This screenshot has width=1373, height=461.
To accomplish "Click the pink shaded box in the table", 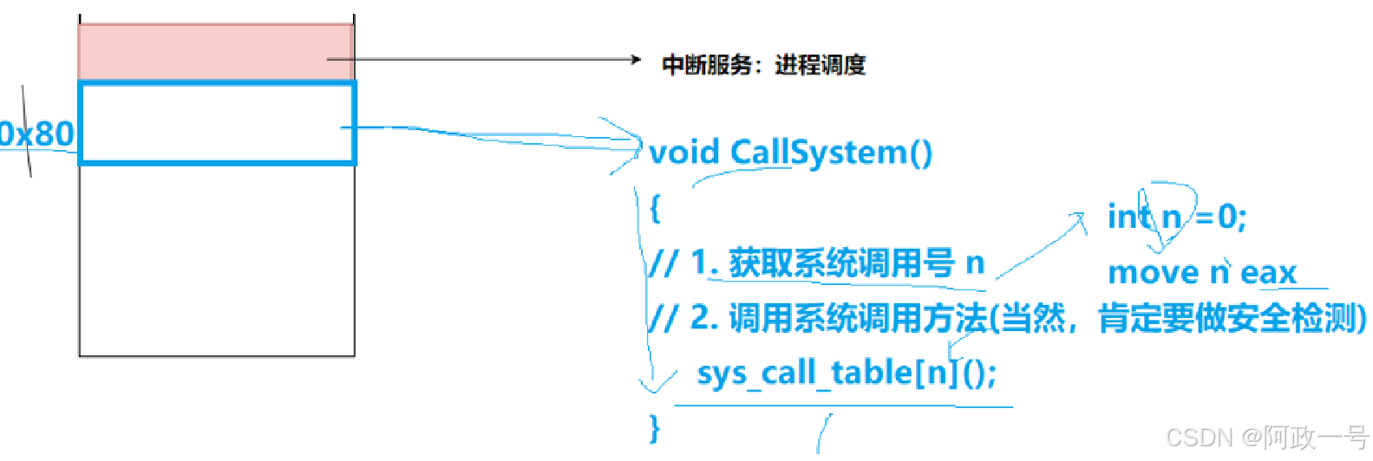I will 215,52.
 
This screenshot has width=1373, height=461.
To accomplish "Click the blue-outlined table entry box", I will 217,122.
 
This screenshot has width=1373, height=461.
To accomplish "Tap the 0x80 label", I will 36,134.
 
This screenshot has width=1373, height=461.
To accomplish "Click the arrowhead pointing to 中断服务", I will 636,60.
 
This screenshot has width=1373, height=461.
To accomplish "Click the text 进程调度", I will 820,65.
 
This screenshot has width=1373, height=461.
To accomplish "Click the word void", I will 684,153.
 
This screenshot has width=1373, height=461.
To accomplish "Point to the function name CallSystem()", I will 831,153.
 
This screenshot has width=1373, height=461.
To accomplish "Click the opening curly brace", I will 655,208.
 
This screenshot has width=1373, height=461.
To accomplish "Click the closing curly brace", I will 655,428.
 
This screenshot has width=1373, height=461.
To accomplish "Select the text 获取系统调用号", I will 841,263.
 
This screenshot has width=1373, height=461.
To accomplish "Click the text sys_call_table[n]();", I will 847,373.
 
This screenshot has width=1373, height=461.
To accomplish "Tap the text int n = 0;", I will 1176,216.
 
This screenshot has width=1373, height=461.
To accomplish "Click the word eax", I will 1268,273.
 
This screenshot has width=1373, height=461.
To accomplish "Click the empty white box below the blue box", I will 217,260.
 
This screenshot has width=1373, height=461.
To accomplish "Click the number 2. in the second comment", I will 704,318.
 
